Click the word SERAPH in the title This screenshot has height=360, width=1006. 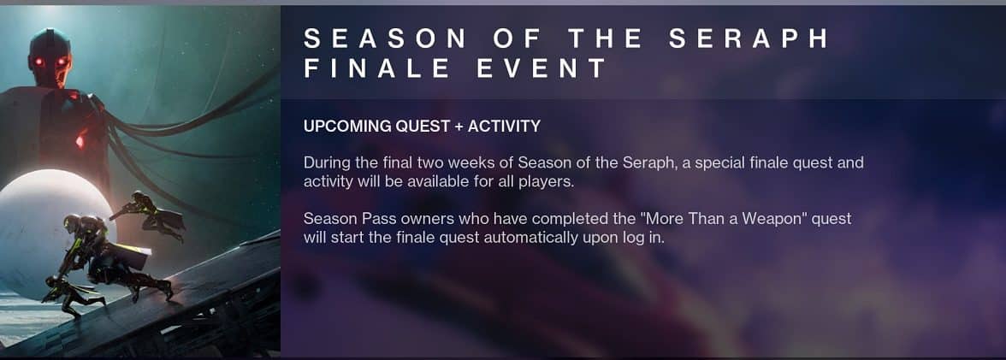click(x=749, y=38)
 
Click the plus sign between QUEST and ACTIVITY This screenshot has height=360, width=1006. click(x=459, y=127)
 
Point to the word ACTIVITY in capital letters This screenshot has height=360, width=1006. click(x=504, y=127)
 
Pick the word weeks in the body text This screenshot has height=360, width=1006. click(x=473, y=162)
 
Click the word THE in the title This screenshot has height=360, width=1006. click(x=606, y=38)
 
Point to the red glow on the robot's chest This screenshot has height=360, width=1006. click(x=80, y=140)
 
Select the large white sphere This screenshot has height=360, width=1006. click(x=48, y=231)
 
